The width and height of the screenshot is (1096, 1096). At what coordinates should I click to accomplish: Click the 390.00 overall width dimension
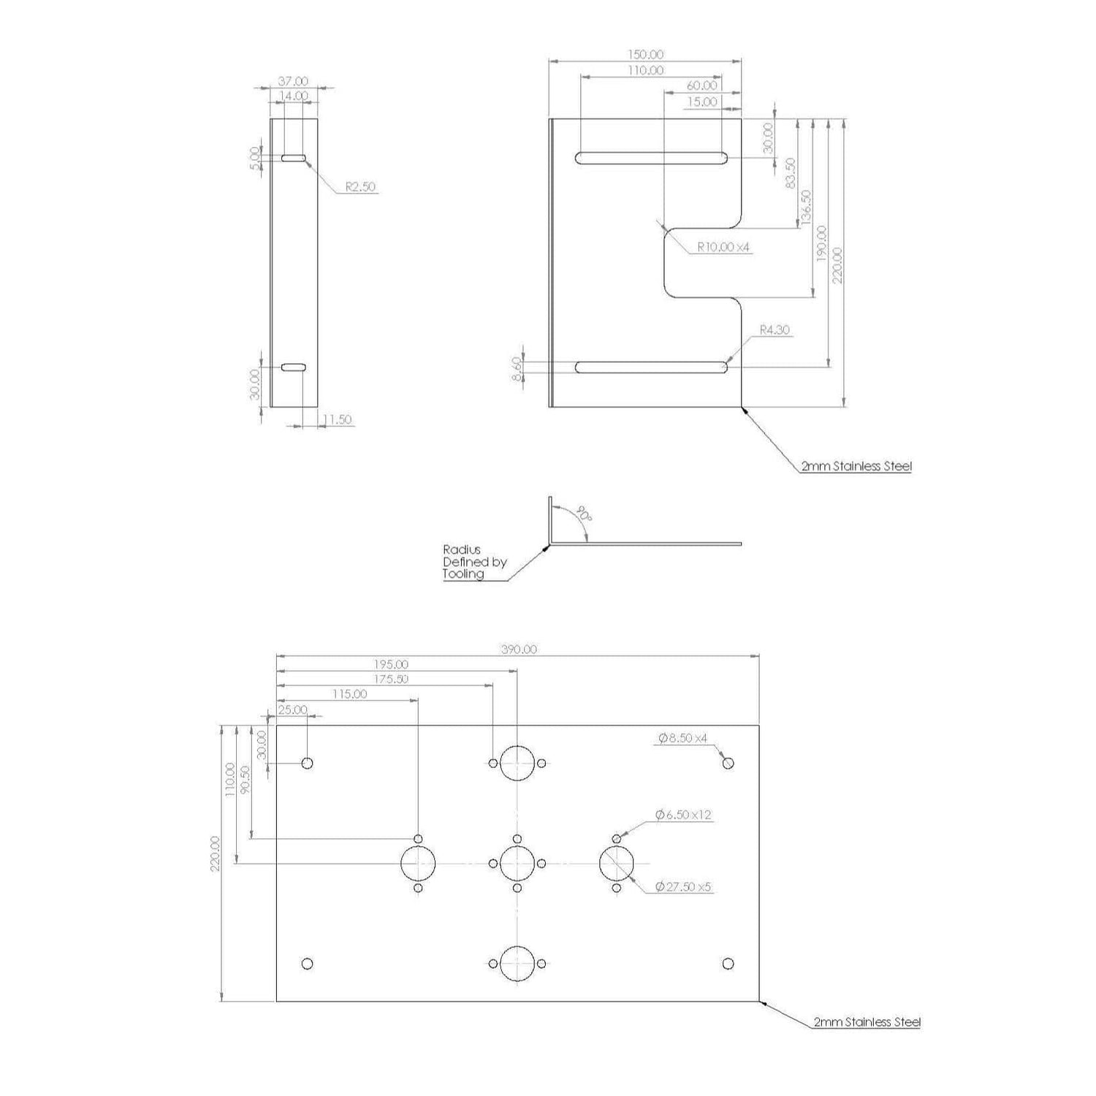(x=519, y=650)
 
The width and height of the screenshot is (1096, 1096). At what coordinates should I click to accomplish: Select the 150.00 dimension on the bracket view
(x=646, y=55)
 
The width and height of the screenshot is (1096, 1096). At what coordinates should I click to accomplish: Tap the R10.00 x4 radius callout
(x=723, y=248)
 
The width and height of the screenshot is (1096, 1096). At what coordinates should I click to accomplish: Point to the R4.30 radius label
(x=775, y=330)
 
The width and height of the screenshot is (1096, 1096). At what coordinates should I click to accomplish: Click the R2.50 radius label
(x=360, y=187)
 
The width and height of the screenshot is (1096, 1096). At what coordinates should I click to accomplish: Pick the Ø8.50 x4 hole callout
(x=683, y=739)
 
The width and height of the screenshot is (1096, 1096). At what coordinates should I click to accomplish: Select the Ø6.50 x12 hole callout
(x=684, y=814)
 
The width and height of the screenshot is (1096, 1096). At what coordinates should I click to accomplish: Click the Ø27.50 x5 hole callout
(x=684, y=887)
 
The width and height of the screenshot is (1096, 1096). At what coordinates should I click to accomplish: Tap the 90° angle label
(x=583, y=512)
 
